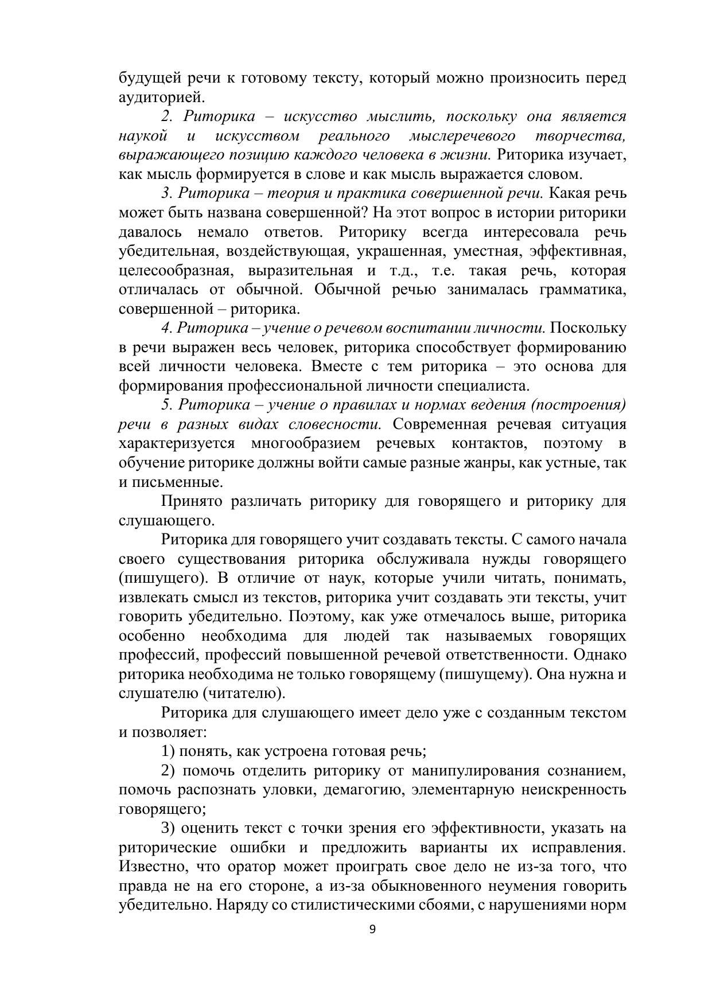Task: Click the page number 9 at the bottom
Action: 372,930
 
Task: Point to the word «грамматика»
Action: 583,290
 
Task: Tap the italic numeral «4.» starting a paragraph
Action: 167,328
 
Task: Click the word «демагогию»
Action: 363,790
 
